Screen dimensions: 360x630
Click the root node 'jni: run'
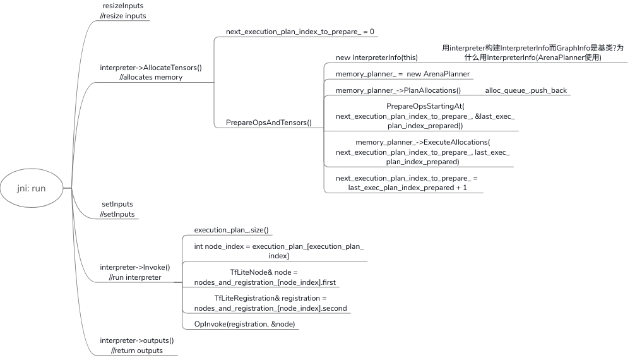pyautogui.click(x=32, y=188)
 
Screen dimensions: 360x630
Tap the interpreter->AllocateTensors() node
pyautogui.click(x=151, y=72)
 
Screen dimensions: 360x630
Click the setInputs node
pyautogui.click(x=117, y=209)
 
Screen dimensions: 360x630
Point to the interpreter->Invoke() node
pyautogui.click(x=135, y=272)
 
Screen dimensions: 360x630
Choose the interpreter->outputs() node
pyautogui.click(x=137, y=345)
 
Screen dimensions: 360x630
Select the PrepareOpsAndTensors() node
pyautogui.click(x=269, y=123)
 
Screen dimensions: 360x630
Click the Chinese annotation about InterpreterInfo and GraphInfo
pyautogui.click(x=532, y=52)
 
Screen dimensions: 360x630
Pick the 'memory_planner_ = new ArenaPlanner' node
pyautogui.click(x=403, y=74)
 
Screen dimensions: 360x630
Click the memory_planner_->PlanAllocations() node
pyautogui.click(x=398, y=90)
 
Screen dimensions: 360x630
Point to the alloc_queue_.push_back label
pyautogui.click(x=526, y=90)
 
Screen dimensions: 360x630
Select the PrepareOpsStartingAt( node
pyautogui.click(x=425, y=116)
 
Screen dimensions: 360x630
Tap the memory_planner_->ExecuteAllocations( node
pyautogui.click(x=422, y=152)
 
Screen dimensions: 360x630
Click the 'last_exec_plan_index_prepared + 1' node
pyautogui.click(x=407, y=183)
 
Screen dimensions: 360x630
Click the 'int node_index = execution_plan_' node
pyautogui.click(x=279, y=251)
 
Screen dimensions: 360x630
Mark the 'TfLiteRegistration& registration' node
pyautogui.click(x=270, y=303)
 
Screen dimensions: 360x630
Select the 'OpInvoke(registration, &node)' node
pyautogui.click(x=244, y=324)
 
